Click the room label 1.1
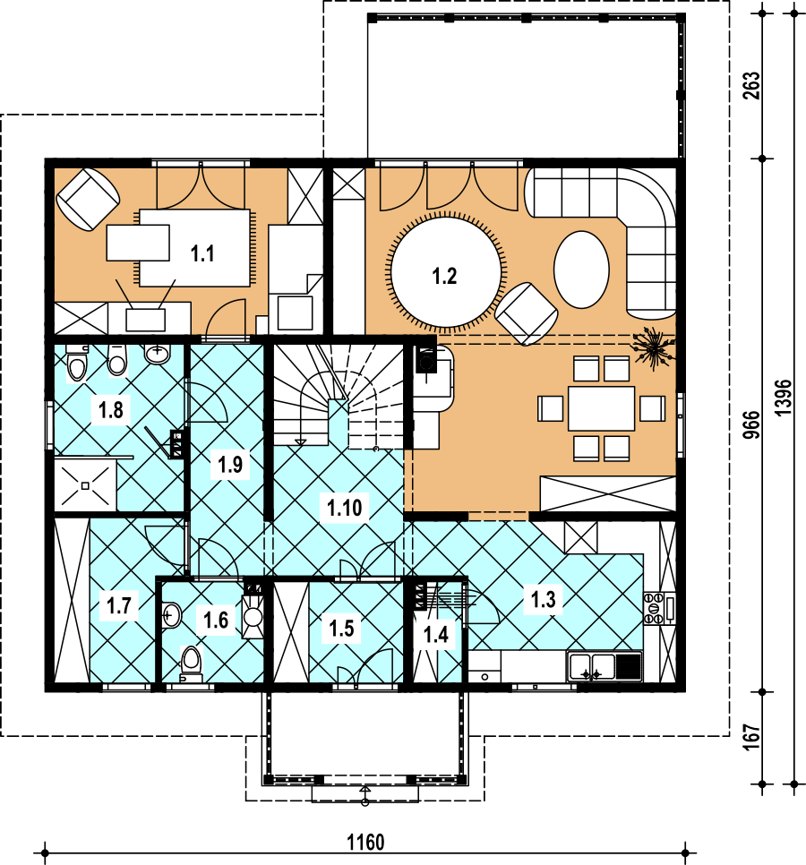tap(202, 253)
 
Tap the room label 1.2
tap(444, 276)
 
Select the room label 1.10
tap(344, 508)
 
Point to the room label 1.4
tap(436, 634)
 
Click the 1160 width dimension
tap(365, 843)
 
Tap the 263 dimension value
tap(751, 85)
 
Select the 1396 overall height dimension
tap(783, 398)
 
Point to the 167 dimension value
tap(751, 738)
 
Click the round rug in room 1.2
tap(446, 272)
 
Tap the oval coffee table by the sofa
tap(581, 270)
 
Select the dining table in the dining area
tap(601, 408)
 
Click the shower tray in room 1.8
tap(85, 485)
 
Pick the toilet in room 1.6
tap(191, 664)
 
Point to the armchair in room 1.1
tap(89, 199)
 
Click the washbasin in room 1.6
tap(172, 615)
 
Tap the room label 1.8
tap(110, 410)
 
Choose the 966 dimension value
tap(751, 424)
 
